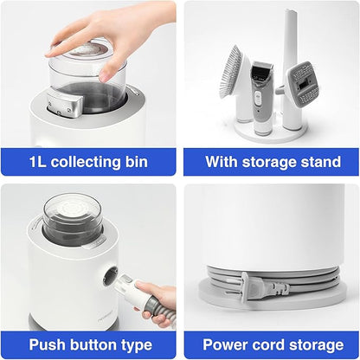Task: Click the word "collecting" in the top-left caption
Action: (x=86, y=162)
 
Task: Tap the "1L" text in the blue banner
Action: (x=38, y=162)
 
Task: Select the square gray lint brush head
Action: (x=303, y=84)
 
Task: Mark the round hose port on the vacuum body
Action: (x=111, y=276)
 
